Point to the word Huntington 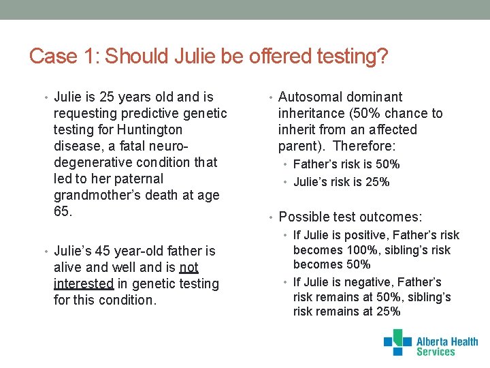pos(150,129)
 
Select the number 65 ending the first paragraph pos(61,211)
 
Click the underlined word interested pos(83,283)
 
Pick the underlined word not pos(189,267)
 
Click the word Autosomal pos(310,97)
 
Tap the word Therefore pos(364,146)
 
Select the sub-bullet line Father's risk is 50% pos(346,164)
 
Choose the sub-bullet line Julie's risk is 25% pos(341,182)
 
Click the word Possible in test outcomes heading pos(302,217)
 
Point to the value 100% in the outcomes pos(351,250)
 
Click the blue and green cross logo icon pos(397,342)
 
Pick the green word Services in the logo pos(436,352)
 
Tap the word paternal pos(140,179)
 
